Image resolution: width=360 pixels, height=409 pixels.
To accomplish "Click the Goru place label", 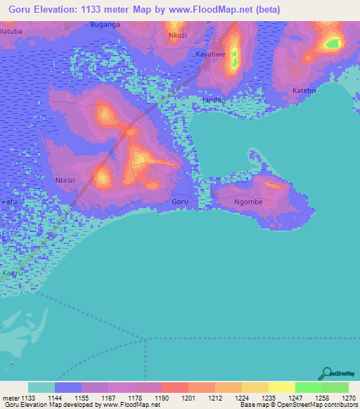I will click(180, 202).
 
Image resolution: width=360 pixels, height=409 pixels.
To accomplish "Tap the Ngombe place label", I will click(247, 202).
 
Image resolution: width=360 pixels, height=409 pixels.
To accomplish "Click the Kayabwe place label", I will click(211, 54).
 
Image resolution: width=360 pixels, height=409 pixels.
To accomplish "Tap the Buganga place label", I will click(105, 25).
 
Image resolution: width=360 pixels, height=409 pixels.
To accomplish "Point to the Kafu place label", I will click(9, 202).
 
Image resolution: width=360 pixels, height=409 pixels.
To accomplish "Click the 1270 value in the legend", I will click(349, 398).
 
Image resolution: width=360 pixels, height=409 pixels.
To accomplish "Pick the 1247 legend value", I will click(295, 398).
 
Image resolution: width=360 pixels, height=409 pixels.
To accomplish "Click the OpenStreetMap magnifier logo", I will click(326, 373).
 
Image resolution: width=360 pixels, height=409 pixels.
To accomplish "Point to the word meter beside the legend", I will click(12, 398).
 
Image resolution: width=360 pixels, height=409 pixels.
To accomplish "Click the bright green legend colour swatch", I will click(308, 387).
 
